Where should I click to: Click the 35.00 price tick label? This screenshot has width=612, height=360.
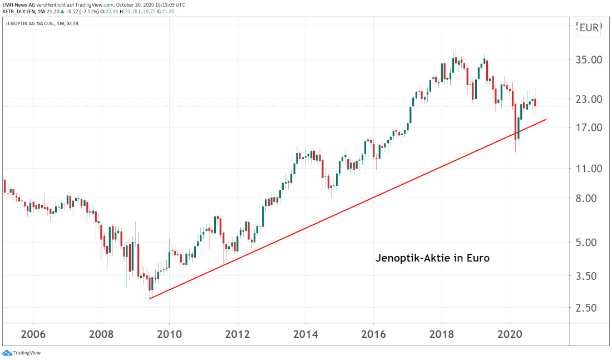pos(589,60)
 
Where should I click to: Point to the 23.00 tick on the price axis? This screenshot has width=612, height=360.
pos(589,100)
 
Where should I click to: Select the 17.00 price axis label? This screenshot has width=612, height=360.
pos(589,127)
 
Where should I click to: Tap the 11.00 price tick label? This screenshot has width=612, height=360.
pos(589,168)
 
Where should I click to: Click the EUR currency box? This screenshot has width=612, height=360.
pos(589,28)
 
